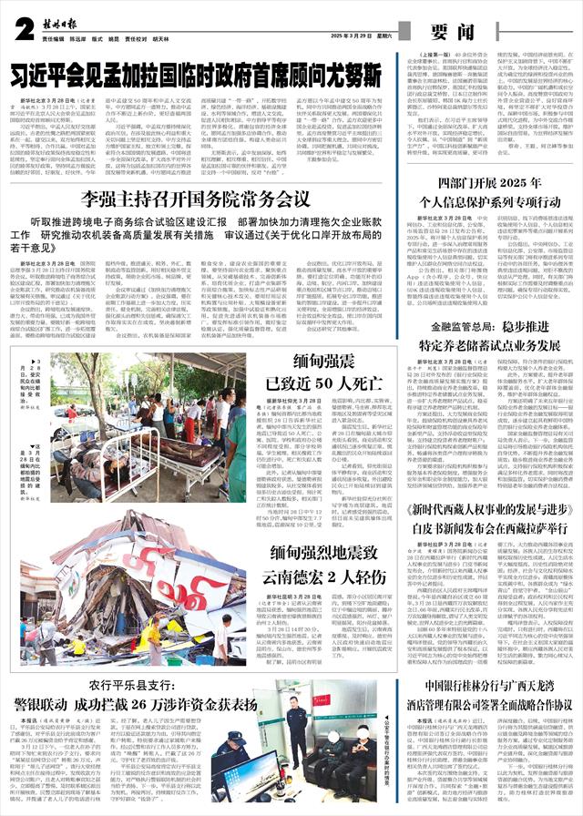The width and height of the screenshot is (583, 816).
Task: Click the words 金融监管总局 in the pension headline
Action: (455, 325)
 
